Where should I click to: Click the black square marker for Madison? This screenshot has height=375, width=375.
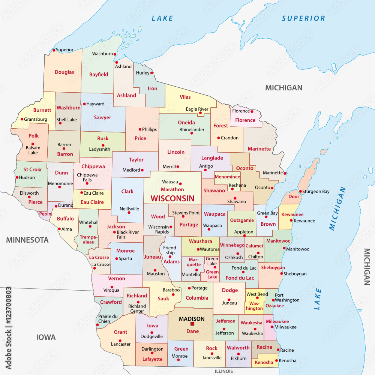(192, 324)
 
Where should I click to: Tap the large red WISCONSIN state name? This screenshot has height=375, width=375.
(172, 198)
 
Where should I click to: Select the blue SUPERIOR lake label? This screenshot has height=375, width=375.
(303, 18)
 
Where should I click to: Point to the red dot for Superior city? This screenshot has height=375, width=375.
(54, 50)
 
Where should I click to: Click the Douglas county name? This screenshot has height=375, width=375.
(64, 72)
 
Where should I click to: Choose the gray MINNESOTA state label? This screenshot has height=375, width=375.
(27, 240)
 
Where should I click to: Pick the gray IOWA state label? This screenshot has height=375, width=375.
(46, 337)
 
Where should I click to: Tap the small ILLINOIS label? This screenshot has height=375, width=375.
(224, 371)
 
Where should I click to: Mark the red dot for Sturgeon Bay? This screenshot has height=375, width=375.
(300, 191)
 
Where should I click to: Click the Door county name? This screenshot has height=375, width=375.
(294, 196)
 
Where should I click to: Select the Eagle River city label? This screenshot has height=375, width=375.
(197, 109)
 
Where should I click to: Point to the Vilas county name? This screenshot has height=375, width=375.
(185, 97)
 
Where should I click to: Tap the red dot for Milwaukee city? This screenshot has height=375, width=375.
(272, 327)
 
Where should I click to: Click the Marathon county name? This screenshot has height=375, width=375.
(172, 189)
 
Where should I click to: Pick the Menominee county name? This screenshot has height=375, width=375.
(227, 177)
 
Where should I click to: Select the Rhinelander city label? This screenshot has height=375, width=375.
(192, 129)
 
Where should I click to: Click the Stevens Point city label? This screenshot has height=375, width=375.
(186, 213)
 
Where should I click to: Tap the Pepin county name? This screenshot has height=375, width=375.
(45, 214)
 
